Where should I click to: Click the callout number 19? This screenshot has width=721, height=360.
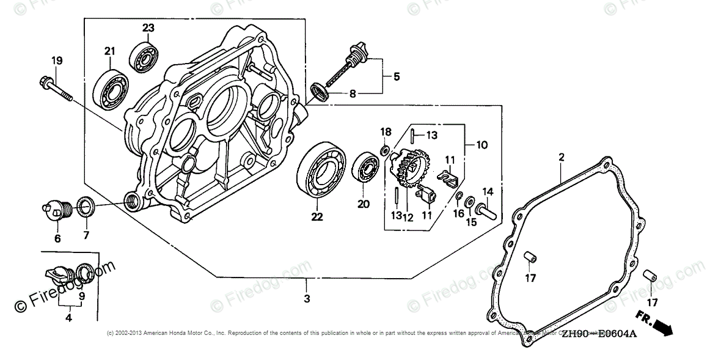pos(57,61)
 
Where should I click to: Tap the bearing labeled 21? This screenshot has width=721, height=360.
pos(109,88)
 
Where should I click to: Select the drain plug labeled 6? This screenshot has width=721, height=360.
pos(58,210)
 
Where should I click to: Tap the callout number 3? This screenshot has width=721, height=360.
pos(307,299)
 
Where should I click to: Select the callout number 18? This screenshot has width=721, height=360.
pos(386,133)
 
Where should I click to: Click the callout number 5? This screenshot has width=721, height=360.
pos(396,77)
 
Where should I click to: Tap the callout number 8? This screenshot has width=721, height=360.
pos(352,94)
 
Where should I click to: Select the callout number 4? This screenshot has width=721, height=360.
pos(68,317)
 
